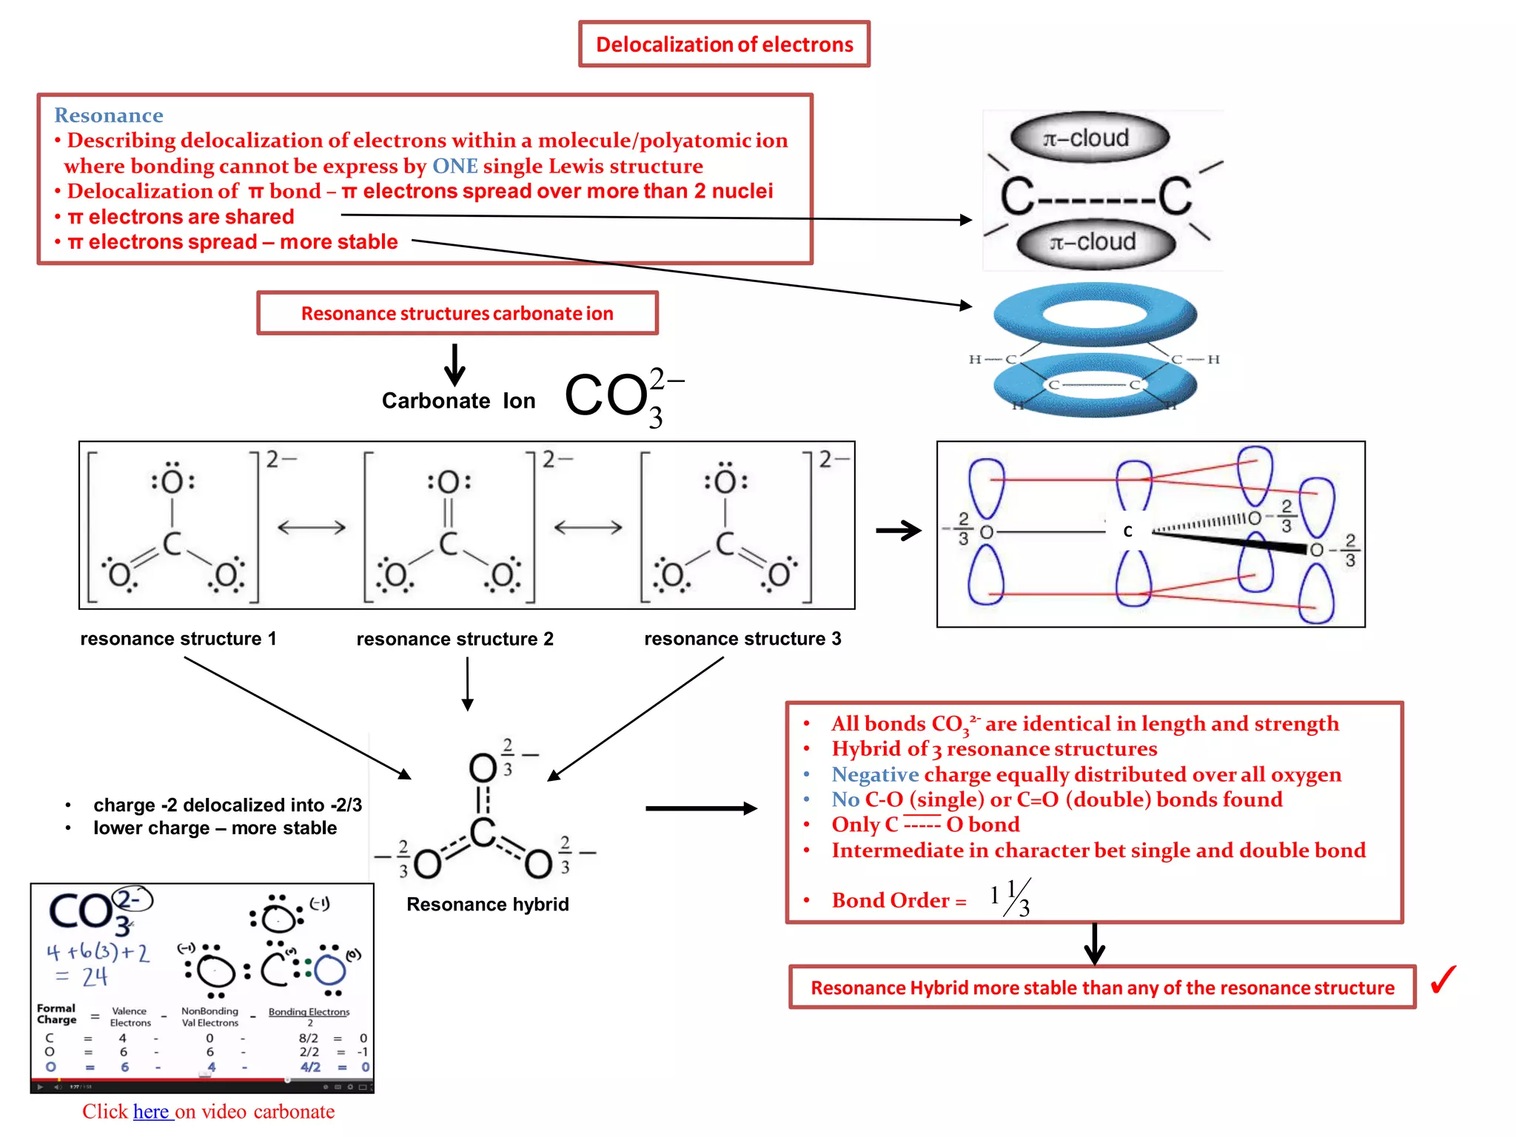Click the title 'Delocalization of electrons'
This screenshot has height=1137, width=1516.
tap(724, 44)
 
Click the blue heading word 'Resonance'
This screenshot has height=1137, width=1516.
tap(108, 115)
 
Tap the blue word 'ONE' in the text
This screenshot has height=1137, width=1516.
tap(455, 166)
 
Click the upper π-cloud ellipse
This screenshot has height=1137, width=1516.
tap(1089, 138)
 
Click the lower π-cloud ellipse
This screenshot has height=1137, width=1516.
tap(1096, 242)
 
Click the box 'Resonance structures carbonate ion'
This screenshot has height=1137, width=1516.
tap(457, 313)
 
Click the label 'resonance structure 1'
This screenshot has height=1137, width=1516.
tap(178, 639)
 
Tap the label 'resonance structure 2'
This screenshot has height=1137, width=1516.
tap(455, 639)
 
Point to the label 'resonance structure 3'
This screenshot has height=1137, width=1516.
tap(742, 639)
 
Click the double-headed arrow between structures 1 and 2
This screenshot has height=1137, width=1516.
tap(311, 527)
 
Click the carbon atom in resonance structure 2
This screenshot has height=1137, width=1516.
tap(448, 543)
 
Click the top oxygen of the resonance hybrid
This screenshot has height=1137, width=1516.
tap(483, 768)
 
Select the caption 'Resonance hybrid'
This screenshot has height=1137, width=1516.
tap(487, 905)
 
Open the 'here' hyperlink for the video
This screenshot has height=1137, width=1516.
tap(151, 1112)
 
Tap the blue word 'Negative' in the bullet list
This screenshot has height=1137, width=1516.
tap(874, 774)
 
